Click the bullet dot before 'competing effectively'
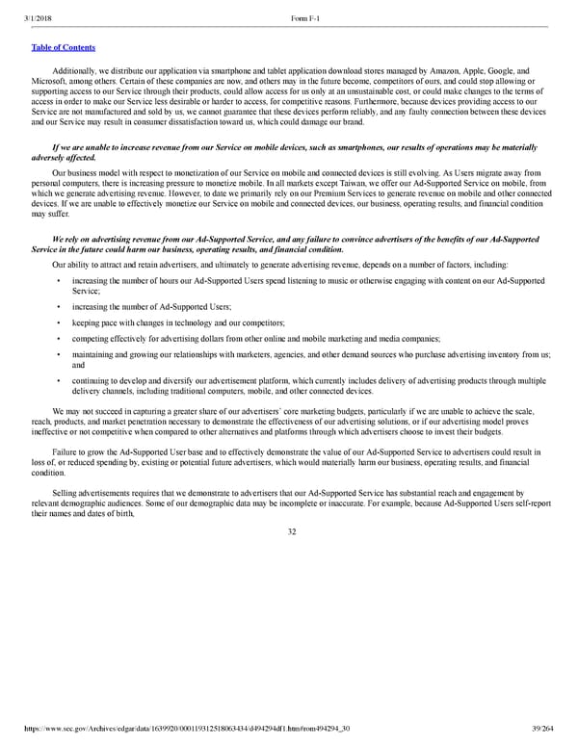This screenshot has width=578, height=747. point(59,338)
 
